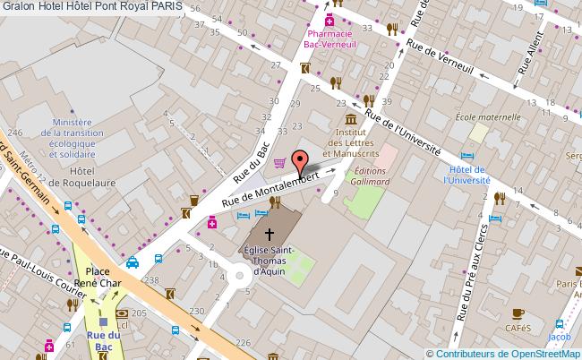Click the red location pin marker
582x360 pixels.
(301, 161)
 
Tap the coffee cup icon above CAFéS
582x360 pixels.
(518, 313)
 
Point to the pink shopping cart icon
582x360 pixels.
(280, 162)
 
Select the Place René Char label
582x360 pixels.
(97, 276)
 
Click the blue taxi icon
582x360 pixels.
(133, 263)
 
